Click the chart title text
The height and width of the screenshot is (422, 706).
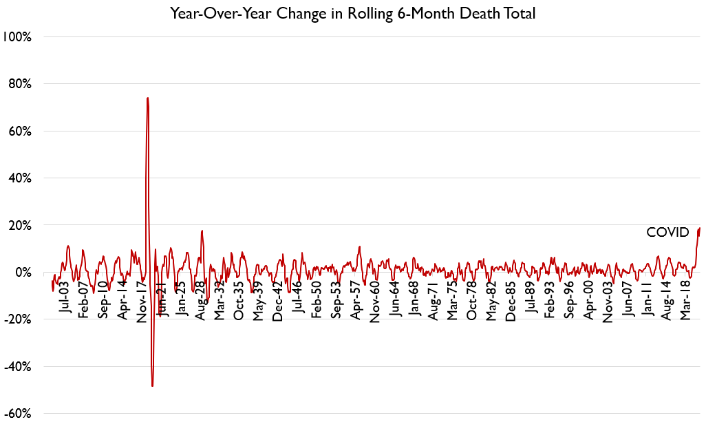click(x=352, y=13)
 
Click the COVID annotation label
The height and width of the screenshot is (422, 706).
click(x=667, y=233)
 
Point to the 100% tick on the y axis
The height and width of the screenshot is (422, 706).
click(x=18, y=36)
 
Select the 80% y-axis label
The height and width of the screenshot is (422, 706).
click(x=20, y=84)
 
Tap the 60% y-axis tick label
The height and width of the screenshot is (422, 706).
click(x=20, y=131)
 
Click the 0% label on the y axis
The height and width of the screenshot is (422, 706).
click(x=23, y=273)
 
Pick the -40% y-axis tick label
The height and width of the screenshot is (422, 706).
click(x=18, y=367)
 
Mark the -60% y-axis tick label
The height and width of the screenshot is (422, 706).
click(x=18, y=414)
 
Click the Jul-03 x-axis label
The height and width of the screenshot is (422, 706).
click(x=64, y=297)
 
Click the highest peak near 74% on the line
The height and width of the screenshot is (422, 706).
click(x=147, y=98)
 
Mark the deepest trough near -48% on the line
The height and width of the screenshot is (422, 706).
click(x=152, y=386)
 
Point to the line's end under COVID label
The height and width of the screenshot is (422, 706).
click(x=700, y=229)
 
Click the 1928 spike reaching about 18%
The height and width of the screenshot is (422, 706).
click(x=202, y=231)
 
